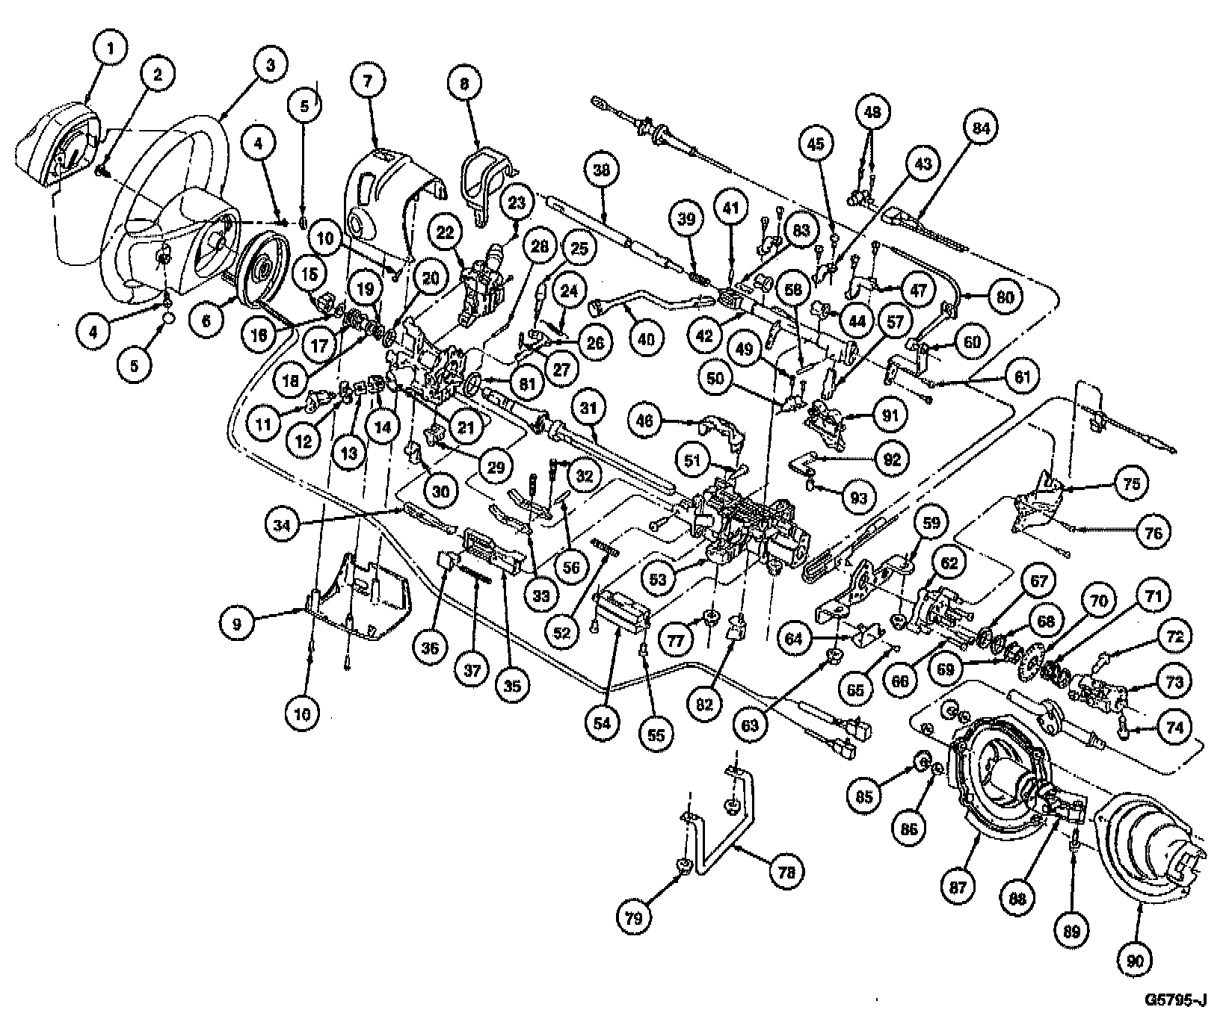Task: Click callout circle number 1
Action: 110,50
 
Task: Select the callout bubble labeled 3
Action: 270,65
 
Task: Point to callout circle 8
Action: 463,84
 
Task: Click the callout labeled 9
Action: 238,624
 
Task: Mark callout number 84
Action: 980,128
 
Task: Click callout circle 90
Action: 1135,962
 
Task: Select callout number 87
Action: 959,887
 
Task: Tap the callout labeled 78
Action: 787,871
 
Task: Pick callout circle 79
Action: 634,917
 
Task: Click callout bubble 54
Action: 603,722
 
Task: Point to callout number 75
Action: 1132,483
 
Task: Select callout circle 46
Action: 645,421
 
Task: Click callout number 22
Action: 446,232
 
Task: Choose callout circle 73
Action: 1174,682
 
